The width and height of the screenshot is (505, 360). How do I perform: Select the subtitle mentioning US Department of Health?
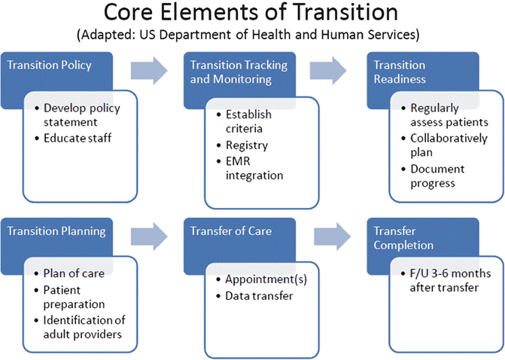(x=251, y=35)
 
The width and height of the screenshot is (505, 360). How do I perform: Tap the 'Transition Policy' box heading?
(x=50, y=65)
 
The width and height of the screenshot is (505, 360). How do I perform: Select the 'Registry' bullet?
(x=245, y=145)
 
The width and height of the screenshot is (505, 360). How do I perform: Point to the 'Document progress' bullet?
(x=438, y=176)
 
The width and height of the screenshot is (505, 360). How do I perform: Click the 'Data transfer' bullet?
(x=259, y=295)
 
